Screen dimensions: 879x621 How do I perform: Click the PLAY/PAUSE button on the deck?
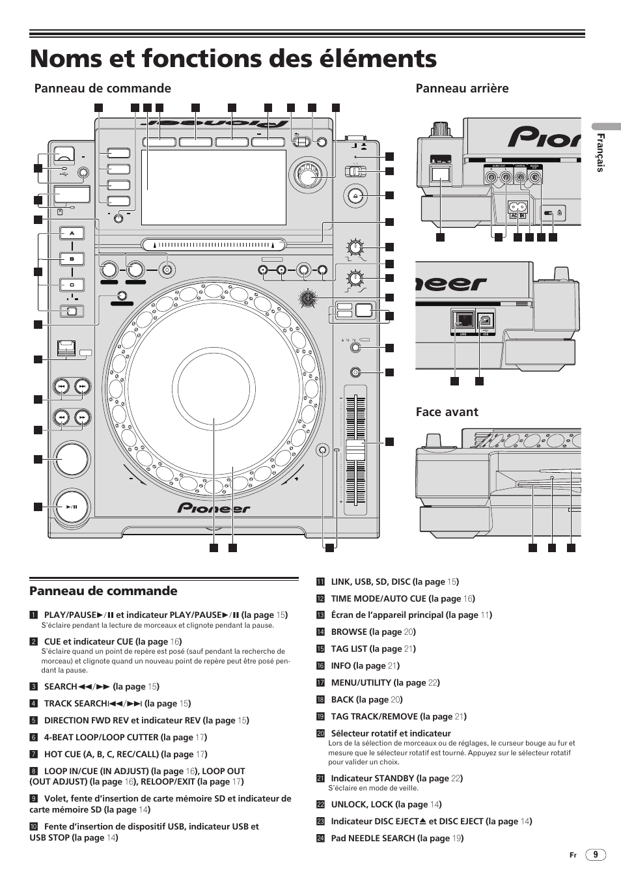click(72, 507)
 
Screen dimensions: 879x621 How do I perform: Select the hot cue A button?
click(72, 233)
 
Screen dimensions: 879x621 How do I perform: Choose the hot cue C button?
click(72, 285)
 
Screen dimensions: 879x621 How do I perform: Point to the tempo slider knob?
click(355, 450)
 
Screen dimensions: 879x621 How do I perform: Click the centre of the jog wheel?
click(215, 385)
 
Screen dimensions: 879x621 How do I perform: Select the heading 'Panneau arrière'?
click(462, 89)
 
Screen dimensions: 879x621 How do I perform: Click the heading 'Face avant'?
click(447, 412)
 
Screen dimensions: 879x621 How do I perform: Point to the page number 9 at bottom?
click(596, 855)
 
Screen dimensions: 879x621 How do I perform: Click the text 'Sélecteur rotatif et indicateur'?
click(391, 733)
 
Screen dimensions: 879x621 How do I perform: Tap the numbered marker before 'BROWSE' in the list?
click(320, 632)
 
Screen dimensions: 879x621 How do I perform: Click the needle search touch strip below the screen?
click(214, 245)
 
